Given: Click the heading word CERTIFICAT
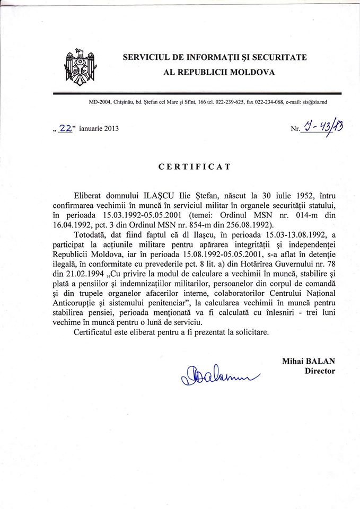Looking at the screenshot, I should click(x=195, y=166).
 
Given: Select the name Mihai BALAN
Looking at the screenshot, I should click(x=309, y=361).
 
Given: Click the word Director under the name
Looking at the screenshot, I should click(x=320, y=371).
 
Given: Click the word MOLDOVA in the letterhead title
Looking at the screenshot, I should click(x=250, y=72).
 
